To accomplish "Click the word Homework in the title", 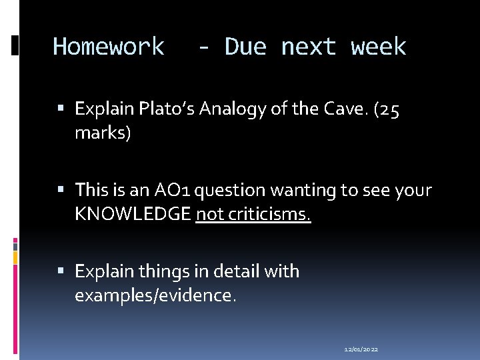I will tap(109, 47).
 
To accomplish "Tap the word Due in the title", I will tap(246, 47).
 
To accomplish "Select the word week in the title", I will tap(378, 47).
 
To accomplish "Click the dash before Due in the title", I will tap(205, 47).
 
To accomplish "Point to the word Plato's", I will tap(158, 109).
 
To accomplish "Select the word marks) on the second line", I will tap(103, 133).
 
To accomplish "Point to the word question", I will tap(235, 191).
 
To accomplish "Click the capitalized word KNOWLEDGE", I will tap(133, 215).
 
